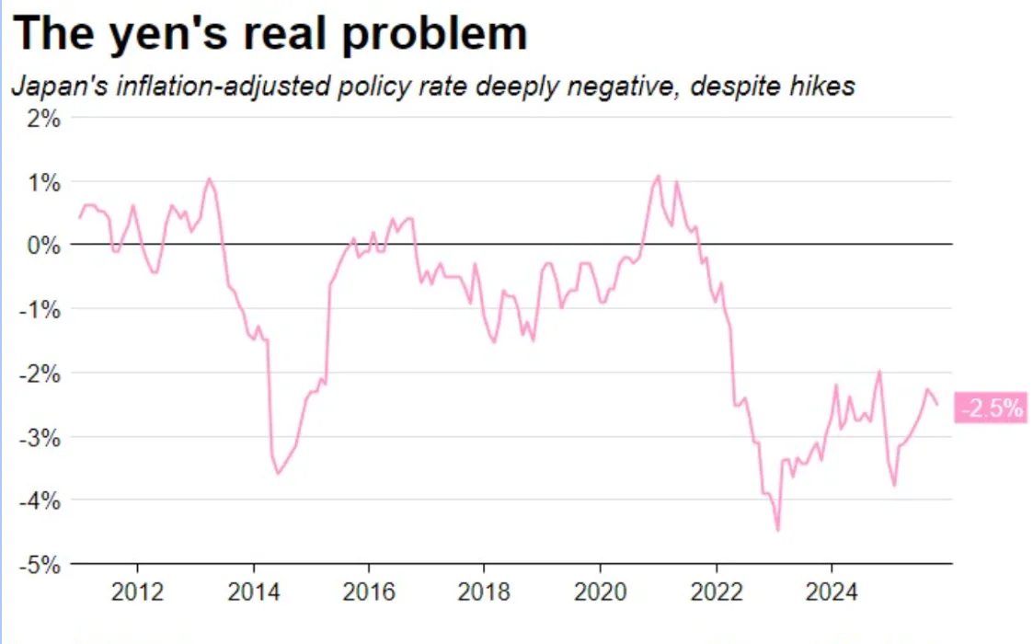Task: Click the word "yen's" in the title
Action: click(168, 34)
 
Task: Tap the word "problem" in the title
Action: click(435, 34)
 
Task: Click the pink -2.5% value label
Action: click(992, 408)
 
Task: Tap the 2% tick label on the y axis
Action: click(43, 119)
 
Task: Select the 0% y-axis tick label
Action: click(43, 246)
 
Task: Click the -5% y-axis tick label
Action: click(40, 565)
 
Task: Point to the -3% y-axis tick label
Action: click(40, 438)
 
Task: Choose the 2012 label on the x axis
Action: click(137, 592)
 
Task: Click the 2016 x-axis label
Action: click(369, 592)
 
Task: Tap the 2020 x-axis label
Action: click(600, 592)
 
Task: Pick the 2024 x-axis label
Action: click(832, 592)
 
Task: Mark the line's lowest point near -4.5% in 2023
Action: click(778, 530)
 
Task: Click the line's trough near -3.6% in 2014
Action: click(278, 473)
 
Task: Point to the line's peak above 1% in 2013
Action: click(209, 178)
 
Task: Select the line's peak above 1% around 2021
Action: click(658, 176)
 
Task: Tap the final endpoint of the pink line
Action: click(937, 404)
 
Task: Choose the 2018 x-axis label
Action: click(484, 592)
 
